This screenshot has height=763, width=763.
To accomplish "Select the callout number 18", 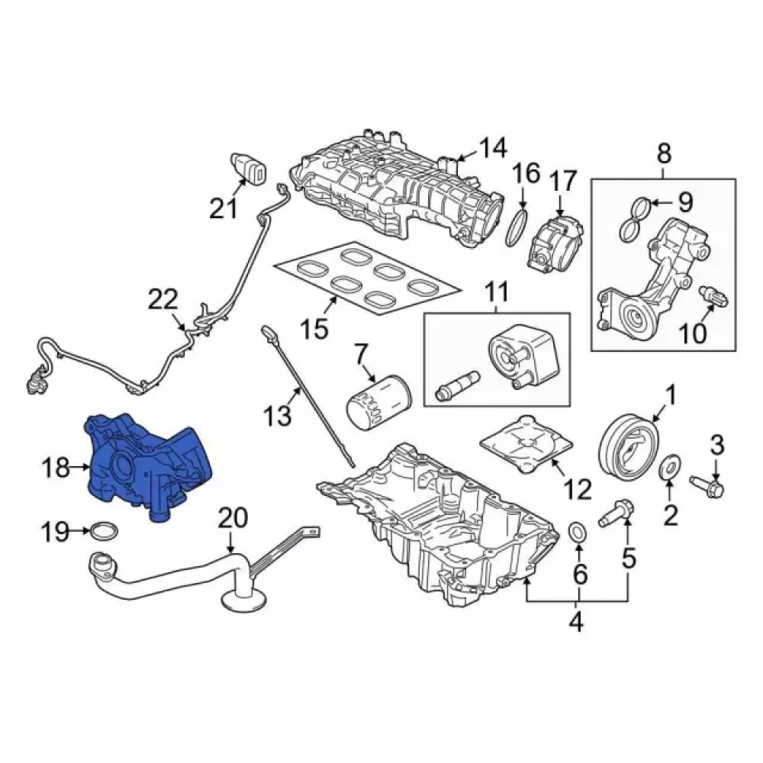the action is tap(55, 468).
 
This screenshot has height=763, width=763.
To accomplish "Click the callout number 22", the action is tap(163, 299).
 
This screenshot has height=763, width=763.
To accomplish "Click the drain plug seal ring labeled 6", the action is tap(578, 531).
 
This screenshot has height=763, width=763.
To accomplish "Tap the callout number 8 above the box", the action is tap(665, 154).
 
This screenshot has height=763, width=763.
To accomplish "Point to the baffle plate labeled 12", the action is tap(526, 443).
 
